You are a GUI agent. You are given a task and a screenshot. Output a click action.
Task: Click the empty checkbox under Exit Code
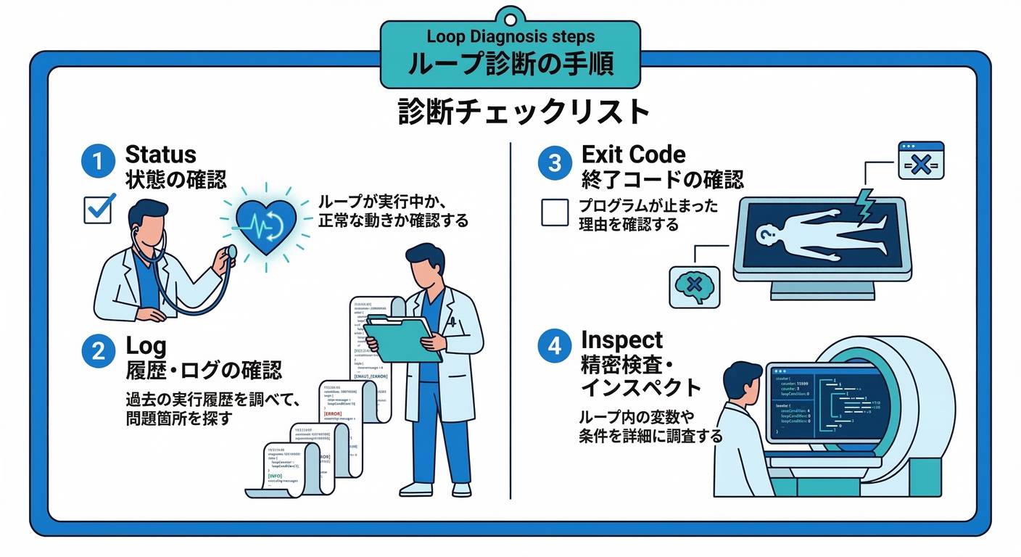(x=555, y=213)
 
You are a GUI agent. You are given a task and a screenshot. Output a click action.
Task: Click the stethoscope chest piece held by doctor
(x=231, y=252)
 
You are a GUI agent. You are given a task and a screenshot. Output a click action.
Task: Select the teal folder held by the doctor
(x=400, y=337)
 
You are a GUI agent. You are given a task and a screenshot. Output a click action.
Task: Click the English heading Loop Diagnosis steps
(x=510, y=36)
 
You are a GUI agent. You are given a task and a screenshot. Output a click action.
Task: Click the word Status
(x=161, y=154)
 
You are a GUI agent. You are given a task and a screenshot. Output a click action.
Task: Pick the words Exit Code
(x=634, y=154)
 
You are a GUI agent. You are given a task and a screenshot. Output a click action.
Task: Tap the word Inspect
(x=622, y=339)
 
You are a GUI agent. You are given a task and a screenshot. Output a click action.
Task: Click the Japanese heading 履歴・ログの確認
(x=204, y=371)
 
